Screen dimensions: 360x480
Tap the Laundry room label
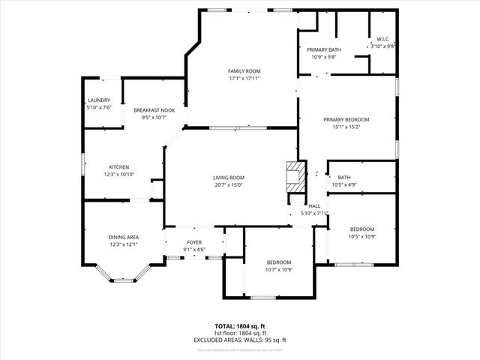coord(99,100)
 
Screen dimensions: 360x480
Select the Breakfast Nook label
coord(154,110)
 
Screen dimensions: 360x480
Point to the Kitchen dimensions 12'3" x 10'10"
coord(119,174)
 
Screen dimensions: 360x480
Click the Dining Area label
coord(123,237)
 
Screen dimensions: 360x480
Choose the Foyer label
coord(194,242)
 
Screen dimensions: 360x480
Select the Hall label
coord(314,206)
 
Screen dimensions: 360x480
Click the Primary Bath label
coord(313,50)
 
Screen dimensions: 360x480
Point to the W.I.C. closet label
coord(382,40)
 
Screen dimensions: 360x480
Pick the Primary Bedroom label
coord(346,119)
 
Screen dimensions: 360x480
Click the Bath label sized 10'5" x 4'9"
coord(343,177)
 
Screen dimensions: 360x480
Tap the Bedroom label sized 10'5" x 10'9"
coord(361,229)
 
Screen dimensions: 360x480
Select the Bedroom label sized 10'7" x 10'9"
coord(279,262)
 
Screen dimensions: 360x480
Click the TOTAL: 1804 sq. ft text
coord(240,326)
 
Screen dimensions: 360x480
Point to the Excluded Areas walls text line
coord(240,340)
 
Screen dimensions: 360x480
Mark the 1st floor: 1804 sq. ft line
coord(240,333)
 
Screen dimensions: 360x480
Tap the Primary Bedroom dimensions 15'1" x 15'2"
coord(346,126)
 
